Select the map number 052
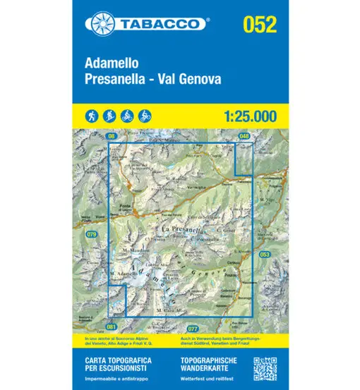pyautogui.click(x=259, y=24)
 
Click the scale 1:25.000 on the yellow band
pyautogui.click(x=244, y=114)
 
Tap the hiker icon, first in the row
pyautogui.click(x=92, y=114)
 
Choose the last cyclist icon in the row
pyautogui.click(x=145, y=114)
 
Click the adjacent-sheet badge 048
pyautogui.click(x=244, y=135)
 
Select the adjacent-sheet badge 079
pyautogui.click(x=91, y=233)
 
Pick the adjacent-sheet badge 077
pyautogui.click(x=193, y=329)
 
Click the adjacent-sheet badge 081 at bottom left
pyautogui.click(x=111, y=327)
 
